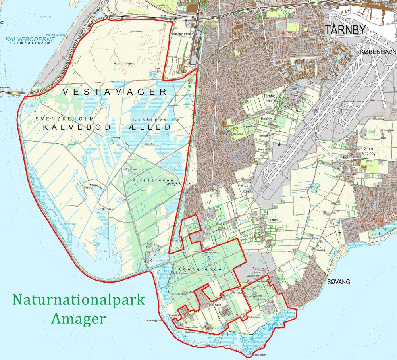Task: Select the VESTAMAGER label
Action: click(x=114, y=92)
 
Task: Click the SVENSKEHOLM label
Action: click(x=64, y=119)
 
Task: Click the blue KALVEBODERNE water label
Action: click(x=25, y=39)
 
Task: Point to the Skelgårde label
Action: click(x=263, y=119)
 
